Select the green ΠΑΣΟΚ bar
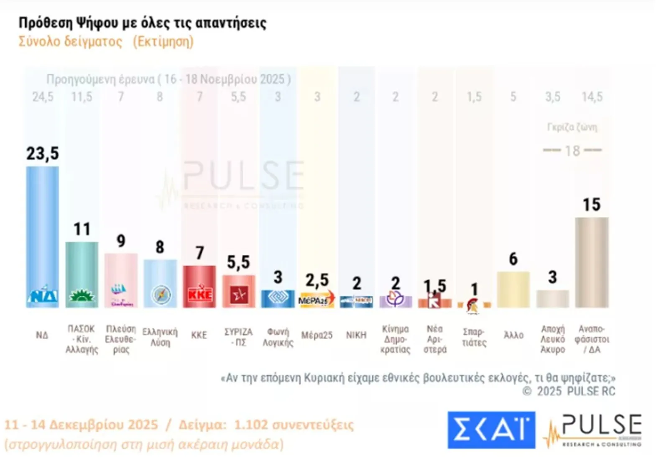click(x=82, y=274)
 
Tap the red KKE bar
click(x=199, y=286)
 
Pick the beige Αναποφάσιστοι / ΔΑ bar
click(x=592, y=262)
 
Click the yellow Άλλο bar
click(x=513, y=289)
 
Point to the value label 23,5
click(x=43, y=154)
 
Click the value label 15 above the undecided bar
click(x=591, y=205)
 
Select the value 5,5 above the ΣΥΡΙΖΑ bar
click(x=238, y=262)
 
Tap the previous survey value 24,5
click(x=43, y=97)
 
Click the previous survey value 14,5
click(x=592, y=97)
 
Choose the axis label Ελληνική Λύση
click(x=160, y=337)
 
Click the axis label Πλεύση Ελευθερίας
click(x=121, y=339)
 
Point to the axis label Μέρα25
click(x=317, y=335)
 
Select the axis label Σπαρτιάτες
click(x=474, y=337)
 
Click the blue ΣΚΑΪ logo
click(x=491, y=430)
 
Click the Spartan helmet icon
click(x=473, y=305)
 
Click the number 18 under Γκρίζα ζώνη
click(x=572, y=151)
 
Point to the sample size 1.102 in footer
click(x=251, y=425)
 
